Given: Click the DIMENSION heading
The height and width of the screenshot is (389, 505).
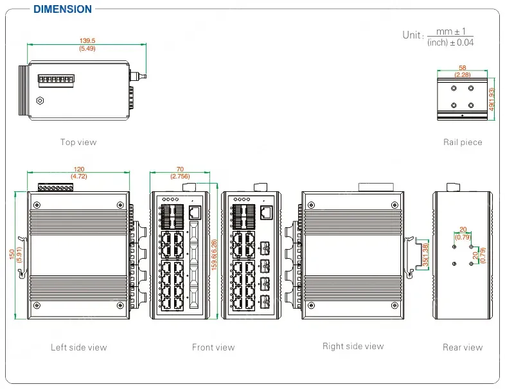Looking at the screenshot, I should pos(62,9).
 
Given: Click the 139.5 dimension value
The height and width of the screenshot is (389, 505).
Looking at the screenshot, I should pos(87,41).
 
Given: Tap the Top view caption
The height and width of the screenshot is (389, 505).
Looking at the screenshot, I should pos(78,142).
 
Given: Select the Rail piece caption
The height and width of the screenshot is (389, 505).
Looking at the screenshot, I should pos(462,142).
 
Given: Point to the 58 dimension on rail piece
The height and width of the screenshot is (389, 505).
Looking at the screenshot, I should pos(462,67).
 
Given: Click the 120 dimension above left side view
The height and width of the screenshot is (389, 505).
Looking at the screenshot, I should pos(78,169).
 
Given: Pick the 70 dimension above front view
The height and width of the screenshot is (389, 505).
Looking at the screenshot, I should pos(180,169).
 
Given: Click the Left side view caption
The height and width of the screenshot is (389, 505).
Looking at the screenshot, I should pos(78,347).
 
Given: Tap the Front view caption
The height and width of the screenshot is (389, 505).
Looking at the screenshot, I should pos(213,347).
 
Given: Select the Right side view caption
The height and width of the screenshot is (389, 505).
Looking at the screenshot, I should pos(353,346).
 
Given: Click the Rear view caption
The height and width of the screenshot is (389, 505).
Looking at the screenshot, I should pos(462,347).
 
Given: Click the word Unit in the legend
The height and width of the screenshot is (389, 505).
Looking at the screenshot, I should pos(412,35).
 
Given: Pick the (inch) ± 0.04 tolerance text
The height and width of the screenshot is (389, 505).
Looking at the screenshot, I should pos(451,43).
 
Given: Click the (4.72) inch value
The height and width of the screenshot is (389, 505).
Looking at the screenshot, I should pos(78,176).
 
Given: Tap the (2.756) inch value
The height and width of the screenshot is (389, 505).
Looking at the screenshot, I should pos(180,176).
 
